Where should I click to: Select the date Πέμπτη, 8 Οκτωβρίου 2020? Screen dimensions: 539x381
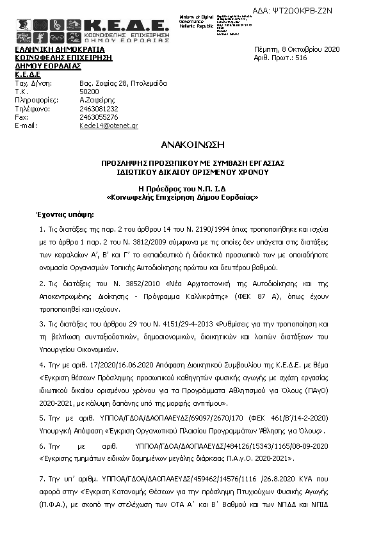[296, 49]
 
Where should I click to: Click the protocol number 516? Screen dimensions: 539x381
[301, 58]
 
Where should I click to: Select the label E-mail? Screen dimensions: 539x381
[28, 126]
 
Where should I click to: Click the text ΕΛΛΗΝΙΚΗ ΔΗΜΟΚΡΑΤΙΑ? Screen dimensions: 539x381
[60, 49]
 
